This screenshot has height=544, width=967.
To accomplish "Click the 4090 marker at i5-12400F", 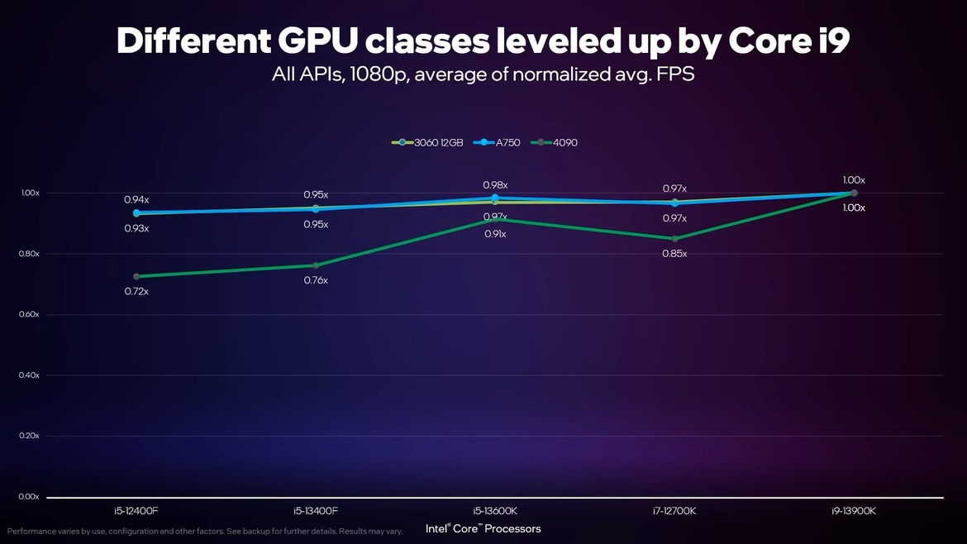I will point(136,276).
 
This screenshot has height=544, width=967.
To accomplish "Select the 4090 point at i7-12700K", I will point(674,239).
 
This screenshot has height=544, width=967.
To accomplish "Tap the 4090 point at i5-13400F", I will point(315,265).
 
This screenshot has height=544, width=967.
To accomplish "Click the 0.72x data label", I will point(136,291).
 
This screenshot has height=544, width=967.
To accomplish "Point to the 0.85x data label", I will point(674,254).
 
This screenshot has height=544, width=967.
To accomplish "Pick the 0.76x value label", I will point(315,280).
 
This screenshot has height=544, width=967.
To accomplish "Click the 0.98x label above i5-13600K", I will point(495,185).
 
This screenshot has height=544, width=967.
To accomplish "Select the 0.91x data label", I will point(495,234).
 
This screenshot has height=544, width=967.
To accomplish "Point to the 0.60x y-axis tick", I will point(30,314).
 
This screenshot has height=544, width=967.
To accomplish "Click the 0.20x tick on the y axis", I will point(30,436).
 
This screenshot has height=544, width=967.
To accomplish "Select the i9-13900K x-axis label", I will point(854,511).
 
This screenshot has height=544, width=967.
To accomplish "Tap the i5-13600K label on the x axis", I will point(495,511).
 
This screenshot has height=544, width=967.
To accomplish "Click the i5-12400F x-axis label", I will point(136,511).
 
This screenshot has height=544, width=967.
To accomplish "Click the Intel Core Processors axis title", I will point(483,528).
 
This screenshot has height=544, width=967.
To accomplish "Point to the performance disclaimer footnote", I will point(205,531).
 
